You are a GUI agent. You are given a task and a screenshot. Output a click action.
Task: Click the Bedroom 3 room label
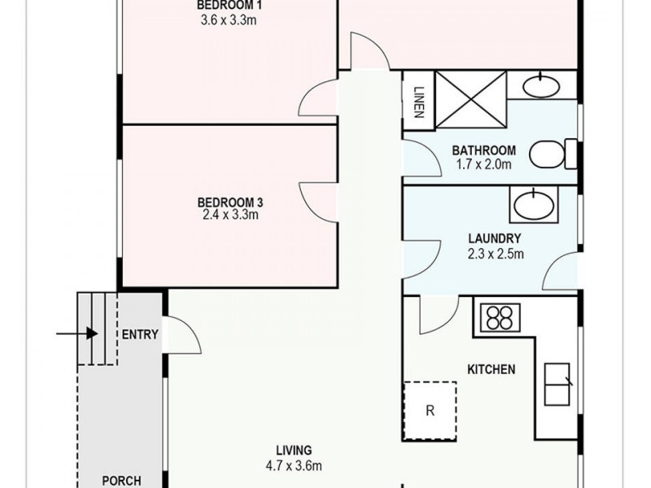click(230, 203)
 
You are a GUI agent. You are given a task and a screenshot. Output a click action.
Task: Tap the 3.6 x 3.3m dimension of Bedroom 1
click(229, 20)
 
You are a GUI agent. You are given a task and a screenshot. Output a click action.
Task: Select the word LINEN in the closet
click(418, 102)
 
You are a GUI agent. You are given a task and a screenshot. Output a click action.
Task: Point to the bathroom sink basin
click(541, 86)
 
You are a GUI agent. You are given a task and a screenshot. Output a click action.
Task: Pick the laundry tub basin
click(534, 205)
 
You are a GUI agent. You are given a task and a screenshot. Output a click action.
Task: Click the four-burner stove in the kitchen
click(500, 318)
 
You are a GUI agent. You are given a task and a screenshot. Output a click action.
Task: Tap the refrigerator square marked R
click(430, 411)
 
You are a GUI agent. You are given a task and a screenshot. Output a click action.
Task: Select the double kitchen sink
click(557, 384)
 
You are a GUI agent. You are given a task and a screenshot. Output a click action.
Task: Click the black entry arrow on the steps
click(77, 333)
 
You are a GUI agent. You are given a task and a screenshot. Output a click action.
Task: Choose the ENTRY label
click(140, 334)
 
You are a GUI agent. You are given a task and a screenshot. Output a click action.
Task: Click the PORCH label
click(121, 481)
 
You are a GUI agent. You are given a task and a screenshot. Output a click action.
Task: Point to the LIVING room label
click(294, 451)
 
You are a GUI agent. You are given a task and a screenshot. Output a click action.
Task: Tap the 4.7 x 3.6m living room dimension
click(294, 465)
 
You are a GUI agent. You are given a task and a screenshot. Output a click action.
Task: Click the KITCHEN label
click(492, 369)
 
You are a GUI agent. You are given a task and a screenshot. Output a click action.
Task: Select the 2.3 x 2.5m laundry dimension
click(496, 254)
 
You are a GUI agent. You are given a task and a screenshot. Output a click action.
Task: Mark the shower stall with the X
click(471, 99)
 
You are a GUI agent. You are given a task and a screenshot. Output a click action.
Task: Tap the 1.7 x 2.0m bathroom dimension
click(484, 164)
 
